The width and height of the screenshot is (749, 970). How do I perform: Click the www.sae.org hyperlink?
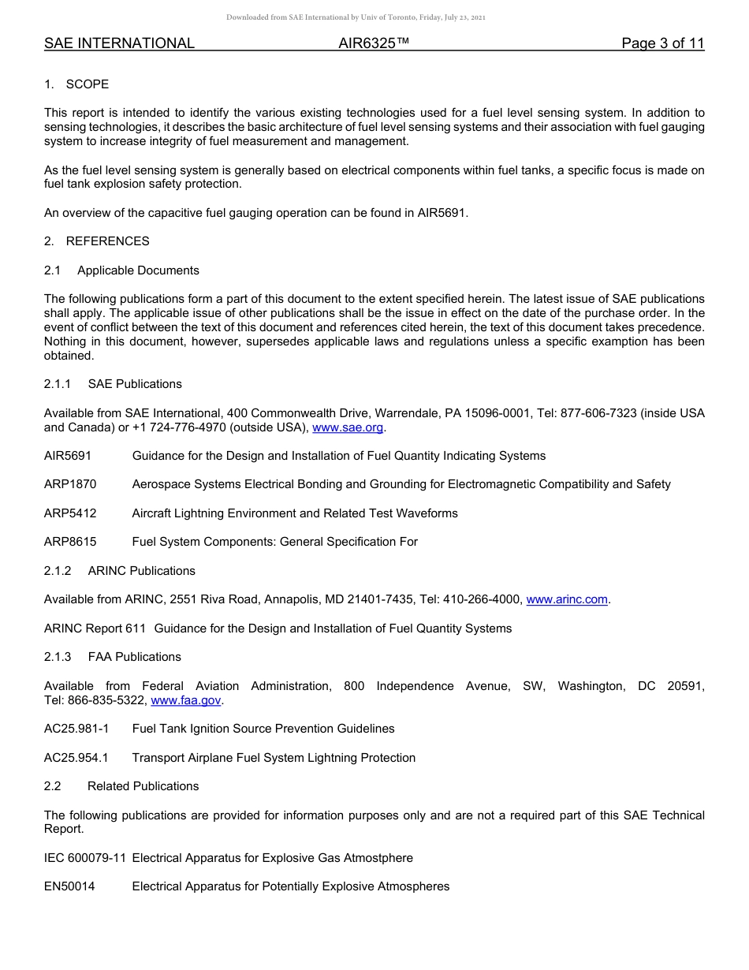(348, 427)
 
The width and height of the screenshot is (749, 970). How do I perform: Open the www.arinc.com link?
(566, 599)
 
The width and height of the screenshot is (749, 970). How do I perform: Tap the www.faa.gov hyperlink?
(186, 700)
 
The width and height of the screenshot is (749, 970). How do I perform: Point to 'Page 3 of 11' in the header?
(662, 44)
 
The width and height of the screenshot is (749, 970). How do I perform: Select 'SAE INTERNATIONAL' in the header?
(119, 44)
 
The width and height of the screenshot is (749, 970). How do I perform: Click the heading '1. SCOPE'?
(76, 84)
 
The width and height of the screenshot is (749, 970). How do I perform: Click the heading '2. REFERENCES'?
(96, 241)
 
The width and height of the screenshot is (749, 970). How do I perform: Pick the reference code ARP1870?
(70, 484)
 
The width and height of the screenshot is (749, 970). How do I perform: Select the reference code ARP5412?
(70, 513)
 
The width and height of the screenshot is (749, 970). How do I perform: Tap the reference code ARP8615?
(70, 542)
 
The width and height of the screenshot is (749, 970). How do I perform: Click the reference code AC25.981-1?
(76, 729)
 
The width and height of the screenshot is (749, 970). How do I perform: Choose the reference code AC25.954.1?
(76, 758)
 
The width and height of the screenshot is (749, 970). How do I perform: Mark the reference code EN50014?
(69, 886)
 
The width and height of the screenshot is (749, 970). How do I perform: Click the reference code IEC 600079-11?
(85, 858)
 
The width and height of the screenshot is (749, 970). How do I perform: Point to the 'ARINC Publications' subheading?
(141, 571)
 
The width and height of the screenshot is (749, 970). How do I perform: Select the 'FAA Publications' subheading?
(134, 657)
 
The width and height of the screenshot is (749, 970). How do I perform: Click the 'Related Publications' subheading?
(143, 786)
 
